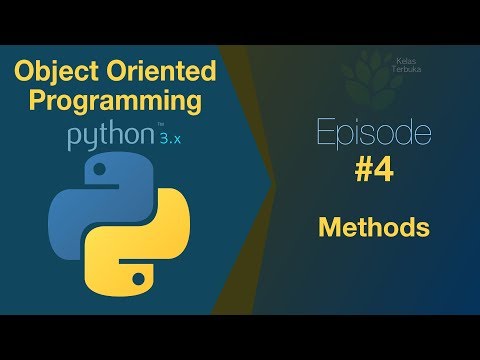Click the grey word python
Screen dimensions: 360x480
click(x=103, y=137)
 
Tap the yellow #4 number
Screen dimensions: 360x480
click(x=374, y=171)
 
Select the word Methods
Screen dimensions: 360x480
click(x=374, y=228)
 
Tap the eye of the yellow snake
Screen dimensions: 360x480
click(x=139, y=266)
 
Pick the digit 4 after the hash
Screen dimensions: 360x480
click(x=384, y=171)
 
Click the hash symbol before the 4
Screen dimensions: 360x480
click(x=363, y=171)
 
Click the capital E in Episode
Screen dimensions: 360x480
click(x=323, y=134)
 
